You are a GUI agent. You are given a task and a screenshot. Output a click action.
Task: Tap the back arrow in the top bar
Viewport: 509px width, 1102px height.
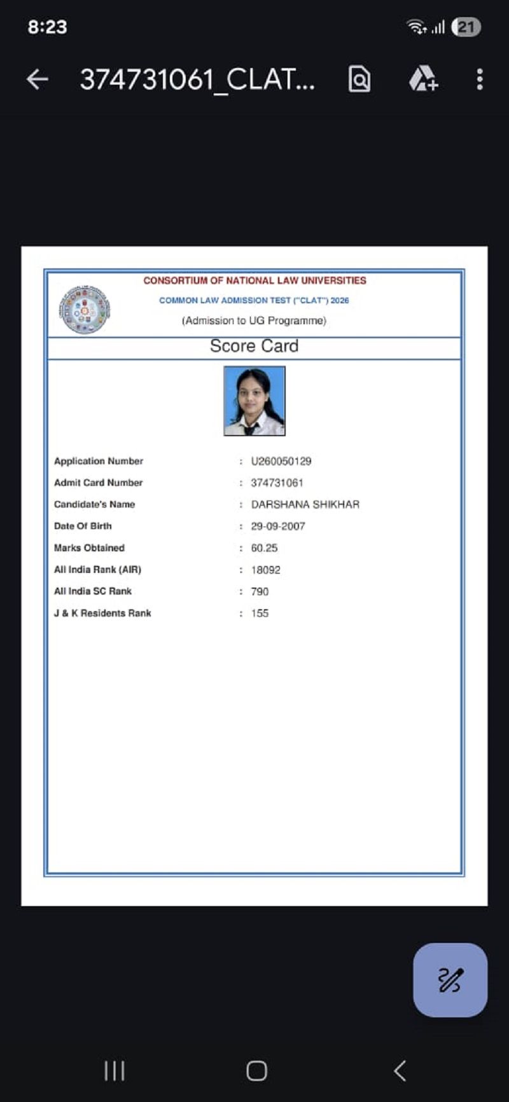[38, 79]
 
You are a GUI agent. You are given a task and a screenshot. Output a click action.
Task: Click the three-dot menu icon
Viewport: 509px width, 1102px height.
[480, 79]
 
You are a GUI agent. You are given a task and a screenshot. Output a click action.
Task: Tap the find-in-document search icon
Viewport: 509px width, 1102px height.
[359, 79]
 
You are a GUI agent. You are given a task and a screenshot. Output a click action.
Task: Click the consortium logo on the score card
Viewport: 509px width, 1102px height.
[85, 310]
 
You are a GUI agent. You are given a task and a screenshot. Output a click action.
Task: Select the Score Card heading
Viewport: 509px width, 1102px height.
[254, 347]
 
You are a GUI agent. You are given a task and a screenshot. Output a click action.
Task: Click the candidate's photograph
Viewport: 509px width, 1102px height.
[254, 401]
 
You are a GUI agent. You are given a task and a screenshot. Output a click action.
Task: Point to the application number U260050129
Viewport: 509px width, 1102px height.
[281, 461]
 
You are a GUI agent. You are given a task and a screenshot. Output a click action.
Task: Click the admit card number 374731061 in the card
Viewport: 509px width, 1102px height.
[277, 483]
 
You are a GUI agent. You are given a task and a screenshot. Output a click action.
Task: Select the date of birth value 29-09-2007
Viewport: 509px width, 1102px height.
[278, 527]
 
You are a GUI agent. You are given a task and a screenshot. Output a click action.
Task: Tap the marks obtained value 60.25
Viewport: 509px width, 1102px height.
[264, 548]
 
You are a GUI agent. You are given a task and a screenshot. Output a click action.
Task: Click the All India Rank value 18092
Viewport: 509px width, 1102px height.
[265, 570]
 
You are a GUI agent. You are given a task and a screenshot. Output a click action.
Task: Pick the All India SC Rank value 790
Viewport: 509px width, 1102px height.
[260, 591]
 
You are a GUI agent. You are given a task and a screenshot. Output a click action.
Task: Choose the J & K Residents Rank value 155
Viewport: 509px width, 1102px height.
[260, 614]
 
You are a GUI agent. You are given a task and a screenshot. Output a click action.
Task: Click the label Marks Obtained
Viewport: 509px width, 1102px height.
[89, 548]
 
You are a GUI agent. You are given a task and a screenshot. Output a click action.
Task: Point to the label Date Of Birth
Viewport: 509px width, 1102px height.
[83, 527]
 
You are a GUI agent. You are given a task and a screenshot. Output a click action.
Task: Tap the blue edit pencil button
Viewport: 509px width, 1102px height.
[450, 980]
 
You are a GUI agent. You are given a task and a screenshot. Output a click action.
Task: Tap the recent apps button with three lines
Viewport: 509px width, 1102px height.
[115, 1071]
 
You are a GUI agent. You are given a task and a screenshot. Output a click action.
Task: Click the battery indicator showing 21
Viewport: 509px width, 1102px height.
[466, 27]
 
